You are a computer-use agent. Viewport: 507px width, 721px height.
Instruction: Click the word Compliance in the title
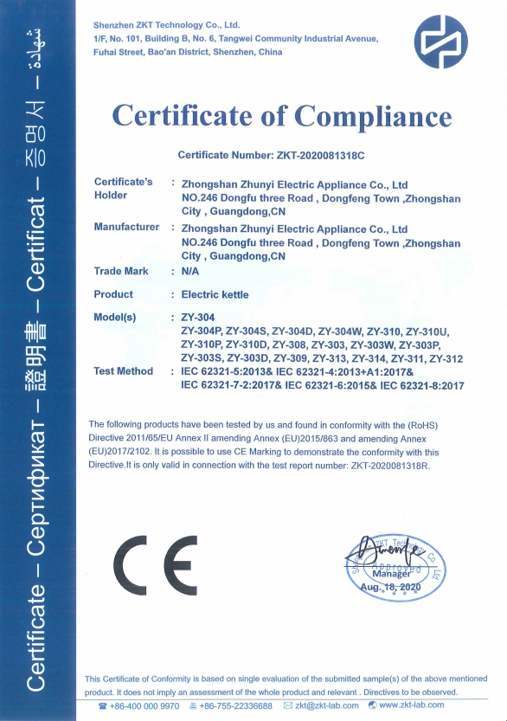point(373,116)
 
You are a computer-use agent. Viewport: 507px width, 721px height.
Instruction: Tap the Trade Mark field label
point(119,272)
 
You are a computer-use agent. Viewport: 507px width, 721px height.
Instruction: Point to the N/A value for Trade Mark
point(190,272)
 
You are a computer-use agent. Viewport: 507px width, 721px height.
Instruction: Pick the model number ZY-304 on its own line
point(198,318)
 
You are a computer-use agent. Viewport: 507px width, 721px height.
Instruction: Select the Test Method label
point(123,371)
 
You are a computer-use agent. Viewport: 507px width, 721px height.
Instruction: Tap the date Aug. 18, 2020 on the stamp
point(389,588)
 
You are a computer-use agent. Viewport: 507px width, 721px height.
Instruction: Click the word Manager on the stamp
point(392,574)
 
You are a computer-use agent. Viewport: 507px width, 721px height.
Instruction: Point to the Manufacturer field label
point(126,228)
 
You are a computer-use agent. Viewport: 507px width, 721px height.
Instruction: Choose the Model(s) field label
point(115,318)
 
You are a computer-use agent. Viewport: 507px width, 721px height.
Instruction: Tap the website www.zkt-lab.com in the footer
point(411,706)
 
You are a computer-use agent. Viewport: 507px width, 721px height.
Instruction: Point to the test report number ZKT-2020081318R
point(381,464)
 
